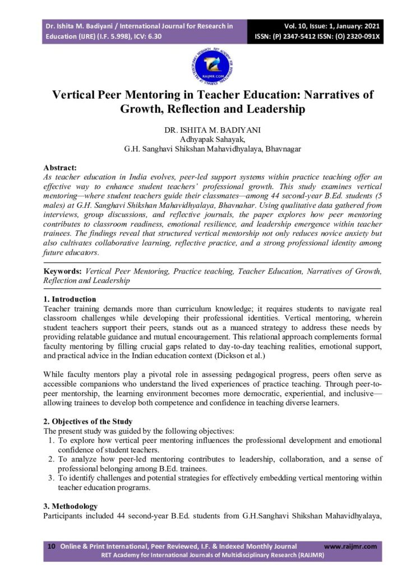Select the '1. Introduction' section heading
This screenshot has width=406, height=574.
coord(70,299)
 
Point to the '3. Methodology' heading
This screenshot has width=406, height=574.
coord(70,506)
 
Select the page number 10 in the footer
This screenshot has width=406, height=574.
coord(52,546)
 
